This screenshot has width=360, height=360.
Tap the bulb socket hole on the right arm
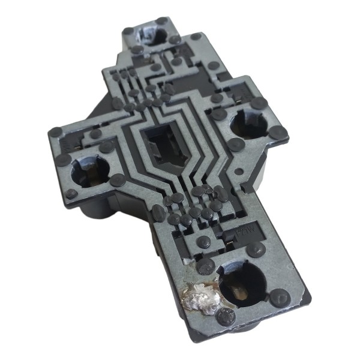pos(247,124)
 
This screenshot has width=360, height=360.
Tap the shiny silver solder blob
pos(200,299)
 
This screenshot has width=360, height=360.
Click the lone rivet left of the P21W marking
pos(205,241)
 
